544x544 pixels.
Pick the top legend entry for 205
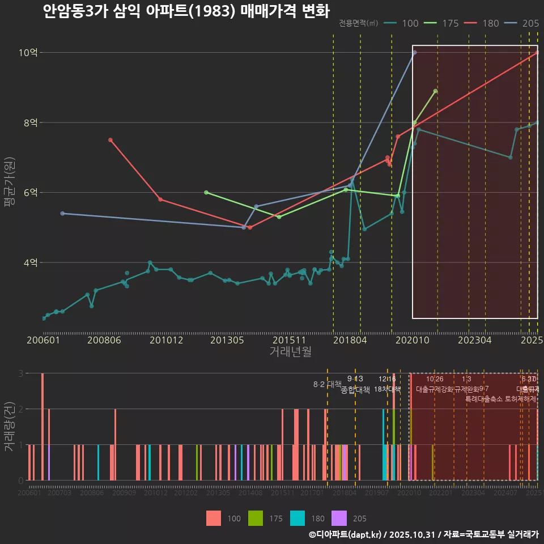pyautogui.click(x=522, y=23)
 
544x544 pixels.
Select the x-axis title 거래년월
pyautogui.click(x=290, y=352)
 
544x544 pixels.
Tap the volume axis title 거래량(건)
pyautogui.click(x=10, y=426)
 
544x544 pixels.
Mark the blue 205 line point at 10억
pyautogui.click(x=415, y=53)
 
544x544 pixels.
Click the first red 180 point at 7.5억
pyautogui.click(x=110, y=140)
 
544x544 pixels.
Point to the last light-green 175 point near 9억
pyautogui.click(x=435, y=91)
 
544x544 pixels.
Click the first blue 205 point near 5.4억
pyautogui.click(x=62, y=214)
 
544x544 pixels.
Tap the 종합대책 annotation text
pyautogui.click(x=355, y=390)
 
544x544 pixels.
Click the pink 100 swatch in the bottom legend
pyautogui.click(x=214, y=518)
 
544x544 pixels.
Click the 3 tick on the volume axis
pyautogui.click(x=20, y=373)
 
